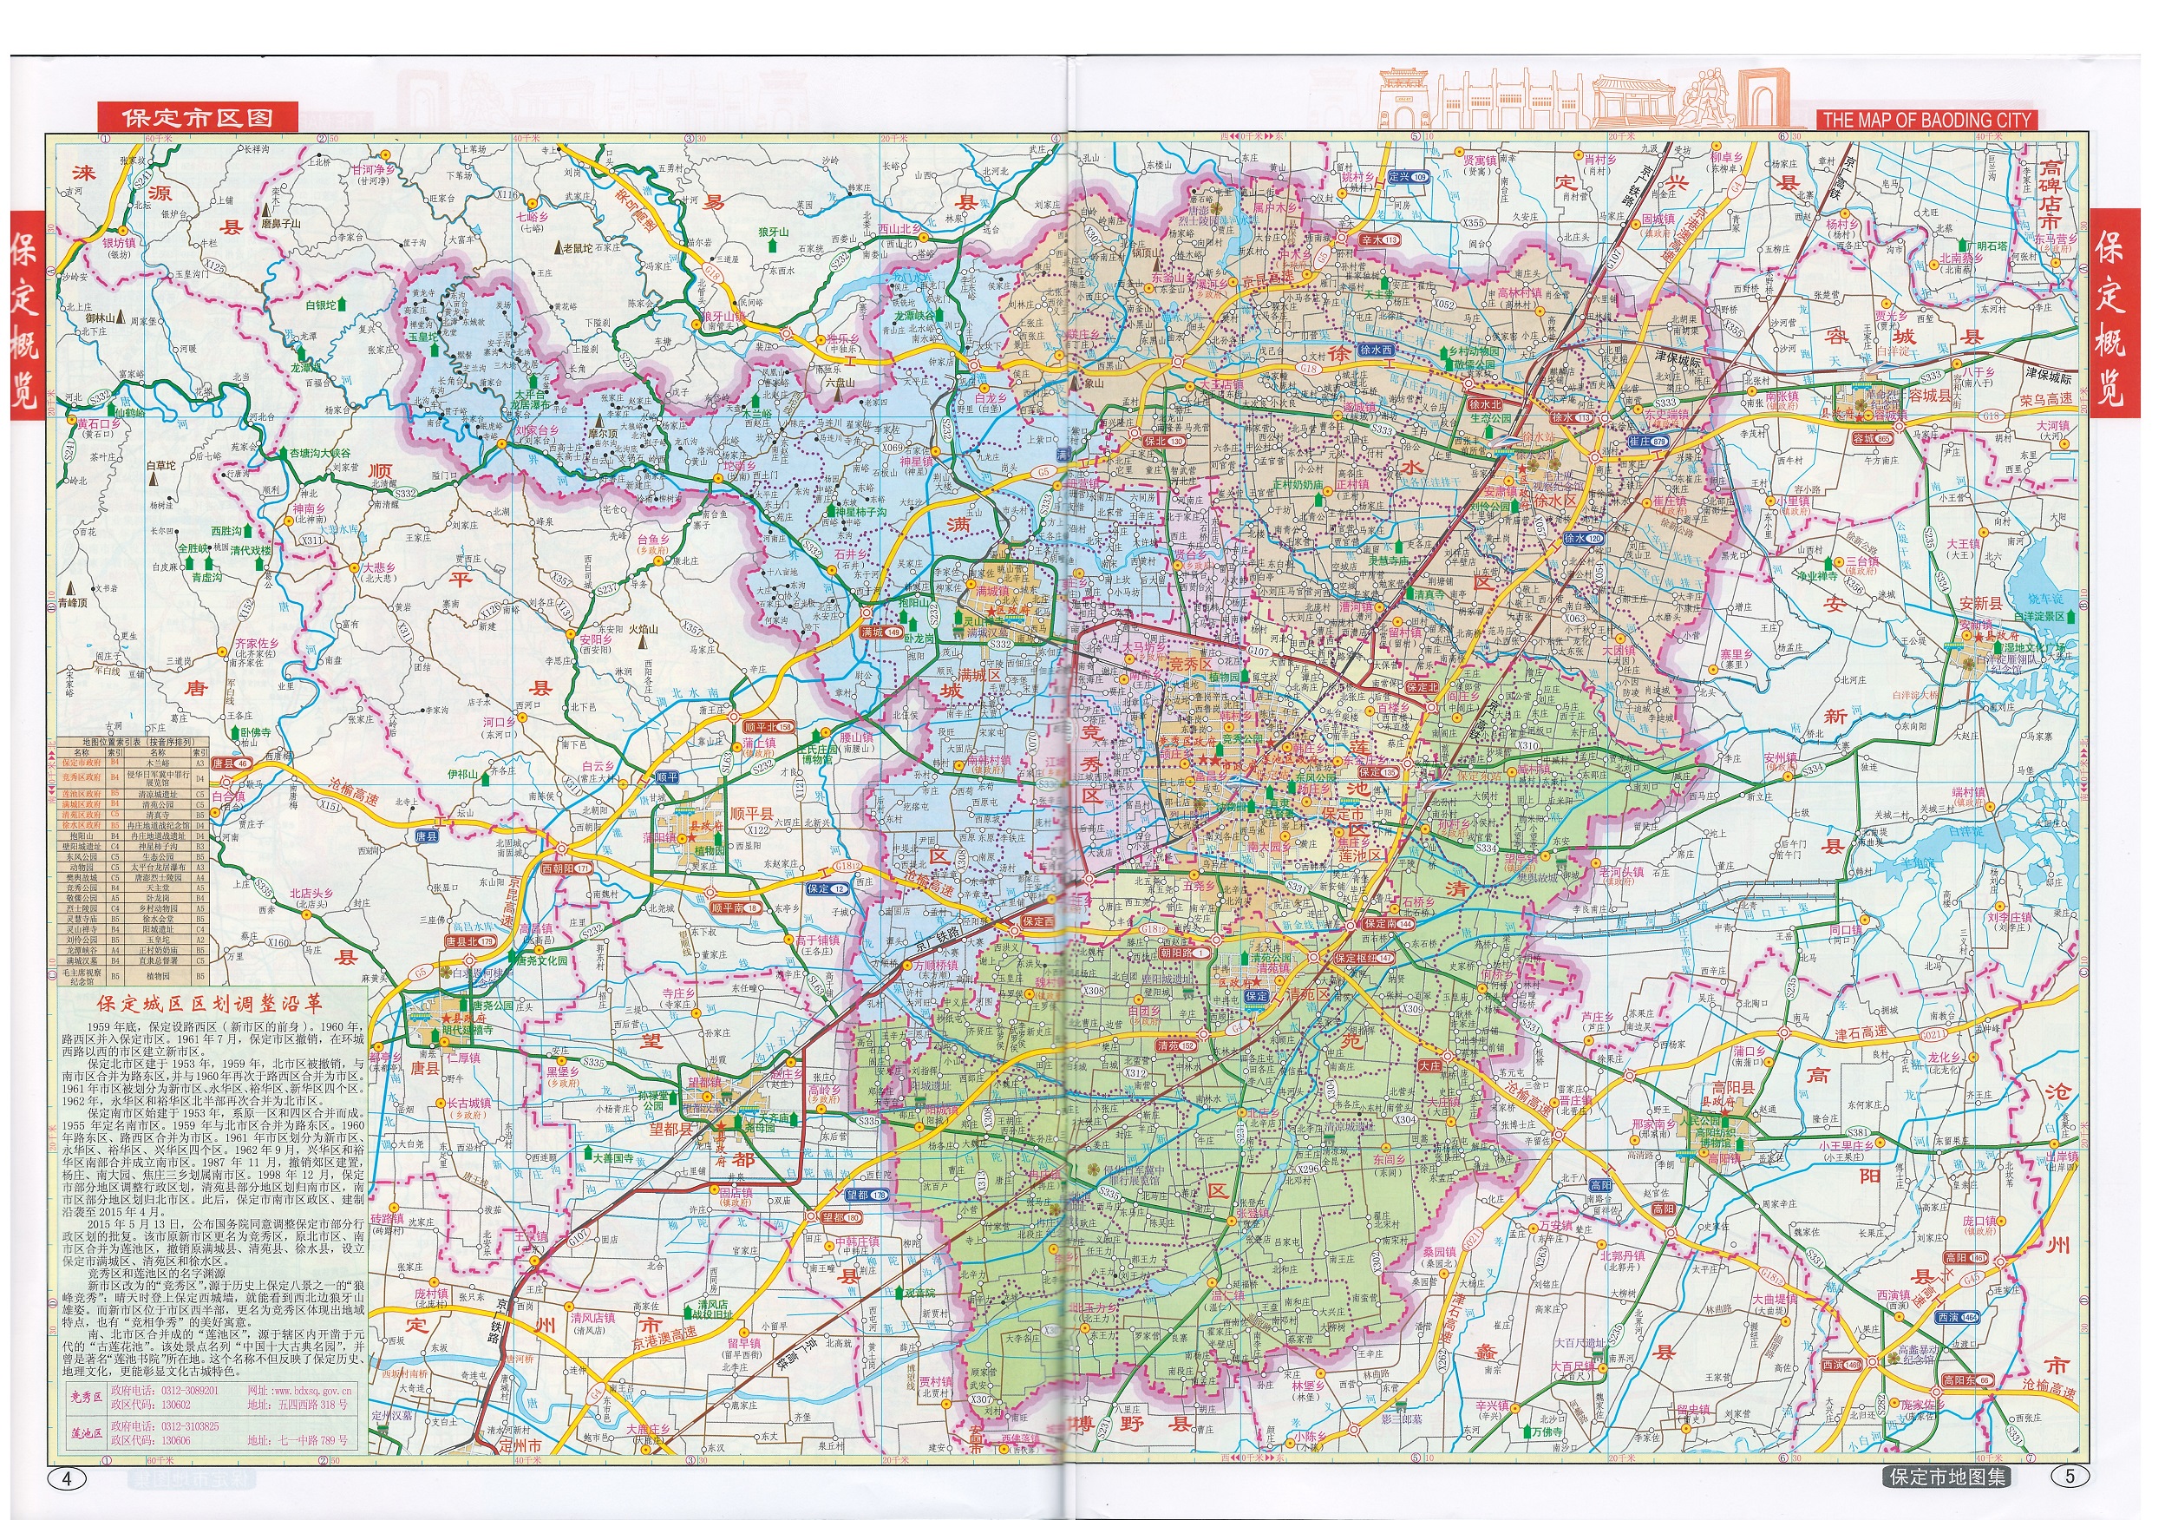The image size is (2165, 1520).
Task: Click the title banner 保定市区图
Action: coord(197,118)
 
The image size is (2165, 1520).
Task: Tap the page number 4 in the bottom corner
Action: coord(66,1477)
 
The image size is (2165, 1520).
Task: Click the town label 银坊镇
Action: coord(119,243)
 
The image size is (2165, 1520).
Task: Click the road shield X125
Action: coord(215,267)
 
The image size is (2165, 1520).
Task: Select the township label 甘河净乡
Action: coord(375,170)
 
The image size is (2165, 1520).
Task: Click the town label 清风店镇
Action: coord(592,1317)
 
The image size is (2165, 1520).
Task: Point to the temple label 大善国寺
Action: coord(612,1157)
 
